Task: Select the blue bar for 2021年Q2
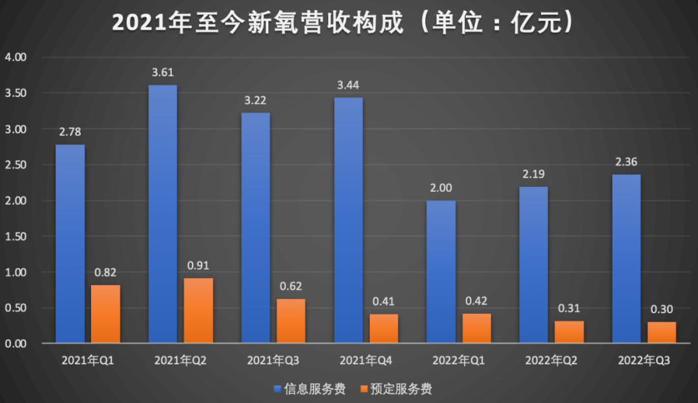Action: [x=163, y=213]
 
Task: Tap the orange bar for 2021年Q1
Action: [x=105, y=314]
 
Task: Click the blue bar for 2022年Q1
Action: [x=441, y=271]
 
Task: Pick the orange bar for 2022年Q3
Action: [x=662, y=332]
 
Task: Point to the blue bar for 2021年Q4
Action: [x=348, y=220]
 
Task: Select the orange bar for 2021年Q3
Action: [x=291, y=320]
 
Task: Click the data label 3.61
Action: [x=163, y=72]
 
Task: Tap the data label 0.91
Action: [x=198, y=265]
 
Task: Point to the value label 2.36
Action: [x=627, y=161]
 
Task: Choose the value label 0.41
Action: [x=384, y=301]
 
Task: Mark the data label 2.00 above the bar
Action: [x=441, y=188]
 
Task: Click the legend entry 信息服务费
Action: [x=310, y=389]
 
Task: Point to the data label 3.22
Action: [x=255, y=100]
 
